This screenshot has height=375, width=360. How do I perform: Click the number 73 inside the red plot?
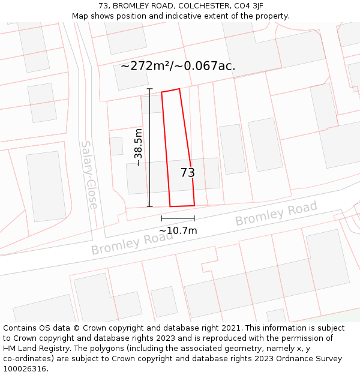(188, 173)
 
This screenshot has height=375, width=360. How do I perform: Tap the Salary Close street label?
(89, 175)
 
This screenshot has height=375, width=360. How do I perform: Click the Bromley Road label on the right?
(276, 214)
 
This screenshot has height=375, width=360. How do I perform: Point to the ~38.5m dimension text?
(139, 148)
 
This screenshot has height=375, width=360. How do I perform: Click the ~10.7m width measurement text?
(178, 230)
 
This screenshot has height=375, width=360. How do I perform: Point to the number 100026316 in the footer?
(25, 369)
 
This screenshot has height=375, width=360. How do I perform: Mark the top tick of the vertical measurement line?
(149, 89)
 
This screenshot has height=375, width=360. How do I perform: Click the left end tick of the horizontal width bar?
(162, 218)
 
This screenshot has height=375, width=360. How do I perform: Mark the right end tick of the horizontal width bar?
(194, 218)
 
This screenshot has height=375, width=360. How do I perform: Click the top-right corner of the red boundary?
(179, 89)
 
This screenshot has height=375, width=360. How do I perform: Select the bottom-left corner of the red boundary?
(170, 206)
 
